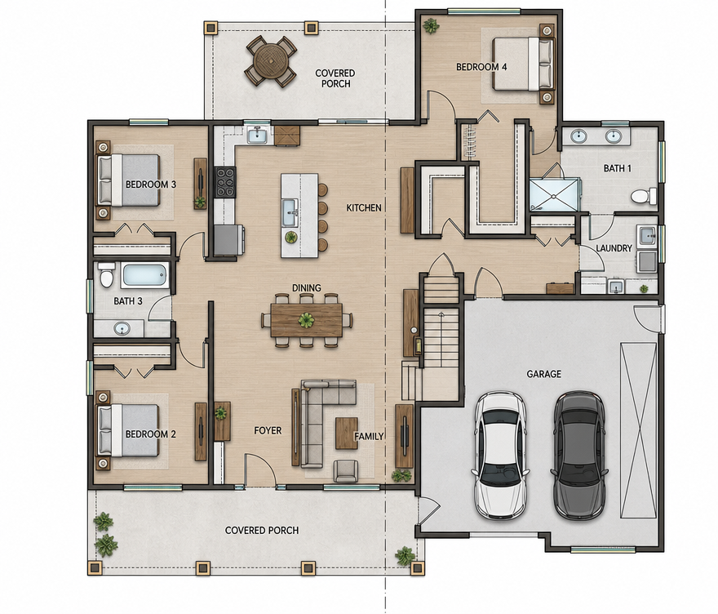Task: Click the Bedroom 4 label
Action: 481,67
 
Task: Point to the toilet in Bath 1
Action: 644,197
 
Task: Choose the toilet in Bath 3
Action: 107,275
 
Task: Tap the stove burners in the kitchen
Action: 225,182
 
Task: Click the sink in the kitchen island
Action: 290,212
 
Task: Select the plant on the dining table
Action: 305,320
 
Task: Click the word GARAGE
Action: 543,374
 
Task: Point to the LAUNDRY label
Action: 614,248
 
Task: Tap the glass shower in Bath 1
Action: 554,195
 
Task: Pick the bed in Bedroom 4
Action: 522,64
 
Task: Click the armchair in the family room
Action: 346,471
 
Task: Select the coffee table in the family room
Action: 347,433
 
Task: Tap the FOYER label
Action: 268,431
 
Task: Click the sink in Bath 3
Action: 122,328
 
